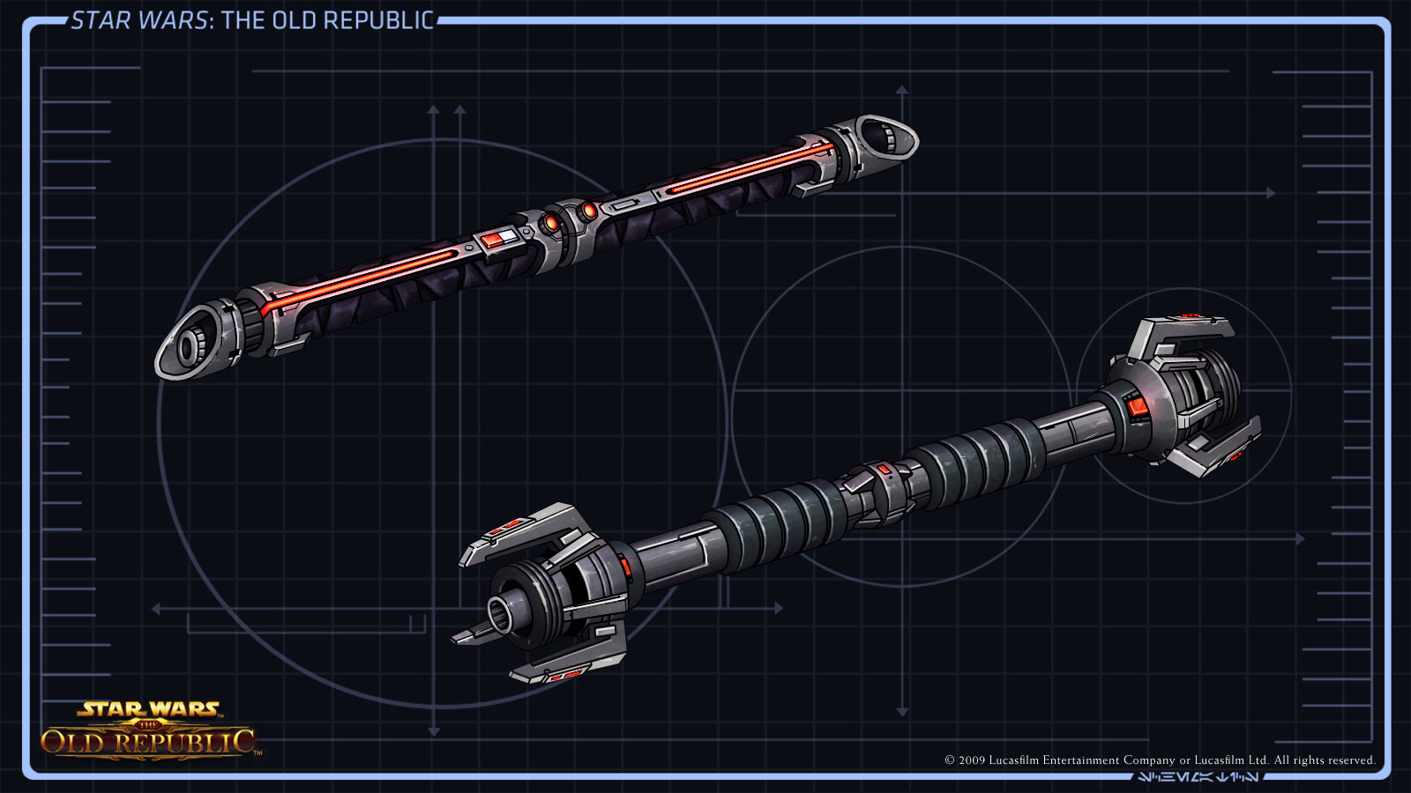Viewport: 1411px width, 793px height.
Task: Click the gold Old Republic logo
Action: click(x=148, y=731)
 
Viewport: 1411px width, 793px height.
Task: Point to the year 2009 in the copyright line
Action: click(x=972, y=760)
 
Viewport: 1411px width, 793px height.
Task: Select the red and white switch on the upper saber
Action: click(x=493, y=240)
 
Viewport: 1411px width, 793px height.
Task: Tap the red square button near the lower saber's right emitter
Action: click(x=1137, y=406)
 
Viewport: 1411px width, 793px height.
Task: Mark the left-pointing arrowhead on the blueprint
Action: click(x=155, y=608)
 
